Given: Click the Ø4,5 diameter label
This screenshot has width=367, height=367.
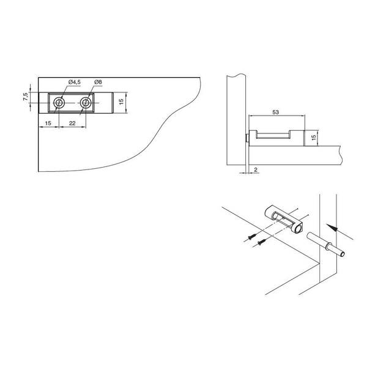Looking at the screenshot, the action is point(75,82).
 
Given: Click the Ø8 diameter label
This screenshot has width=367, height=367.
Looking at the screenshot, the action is point(98,82).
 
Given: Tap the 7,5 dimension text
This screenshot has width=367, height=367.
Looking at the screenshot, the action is point(26,97).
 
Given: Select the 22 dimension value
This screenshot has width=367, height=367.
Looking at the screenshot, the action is point(72,123).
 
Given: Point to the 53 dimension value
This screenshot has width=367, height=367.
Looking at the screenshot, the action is point(276,112).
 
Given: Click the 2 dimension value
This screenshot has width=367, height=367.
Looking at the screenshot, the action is point(256,169).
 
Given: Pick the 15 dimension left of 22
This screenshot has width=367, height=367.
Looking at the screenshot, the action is point(48,123).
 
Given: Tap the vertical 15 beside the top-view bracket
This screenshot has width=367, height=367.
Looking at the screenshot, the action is point(121,102).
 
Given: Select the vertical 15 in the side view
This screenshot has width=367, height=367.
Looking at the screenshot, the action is point(314,136).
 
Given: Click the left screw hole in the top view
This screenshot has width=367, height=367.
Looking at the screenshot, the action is point(59,103).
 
